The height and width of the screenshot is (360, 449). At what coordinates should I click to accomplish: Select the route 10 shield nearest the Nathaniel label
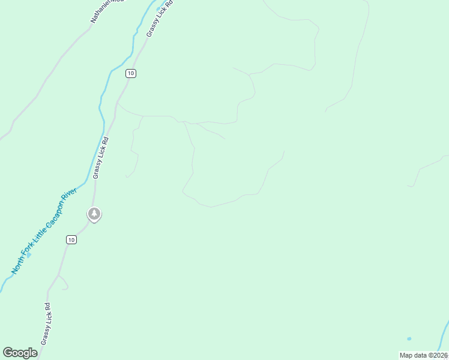[131, 73]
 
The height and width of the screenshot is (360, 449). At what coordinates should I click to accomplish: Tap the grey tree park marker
[94, 213]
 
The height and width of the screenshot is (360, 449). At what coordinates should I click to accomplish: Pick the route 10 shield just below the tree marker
[71, 239]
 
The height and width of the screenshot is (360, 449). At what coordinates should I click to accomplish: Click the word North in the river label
[17, 266]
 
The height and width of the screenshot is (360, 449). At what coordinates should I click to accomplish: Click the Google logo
[20, 353]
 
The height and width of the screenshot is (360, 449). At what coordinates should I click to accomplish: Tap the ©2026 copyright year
[438, 355]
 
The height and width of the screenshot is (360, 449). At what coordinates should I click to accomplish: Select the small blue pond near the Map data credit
[409, 339]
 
